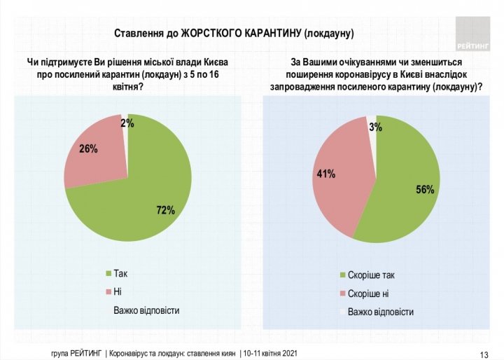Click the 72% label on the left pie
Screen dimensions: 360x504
pyautogui.click(x=165, y=209)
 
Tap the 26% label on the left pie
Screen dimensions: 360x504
pyautogui.click(x=88, y=148)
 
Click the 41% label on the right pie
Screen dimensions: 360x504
pyautogui.click(x=327, y=173)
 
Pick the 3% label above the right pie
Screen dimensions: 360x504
pyautogui.click(x=375, y=127)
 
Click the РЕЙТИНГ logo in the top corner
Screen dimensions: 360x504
pyautogui.click(x=472, y=31)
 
